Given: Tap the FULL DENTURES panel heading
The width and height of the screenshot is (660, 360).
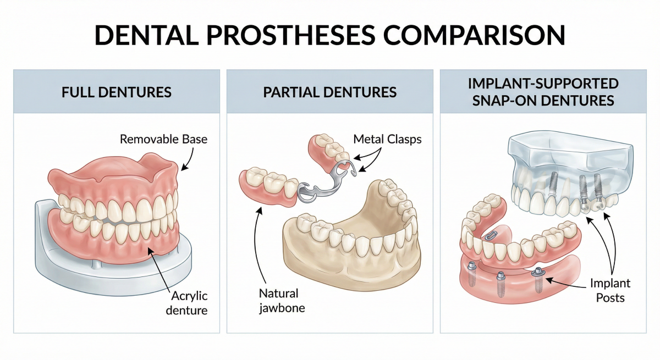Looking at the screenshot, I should [x=117, y=91].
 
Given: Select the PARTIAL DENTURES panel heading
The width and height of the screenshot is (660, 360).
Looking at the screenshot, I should [x=330, y=91].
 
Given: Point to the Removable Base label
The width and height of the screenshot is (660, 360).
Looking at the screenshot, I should [x=164, y=139].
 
